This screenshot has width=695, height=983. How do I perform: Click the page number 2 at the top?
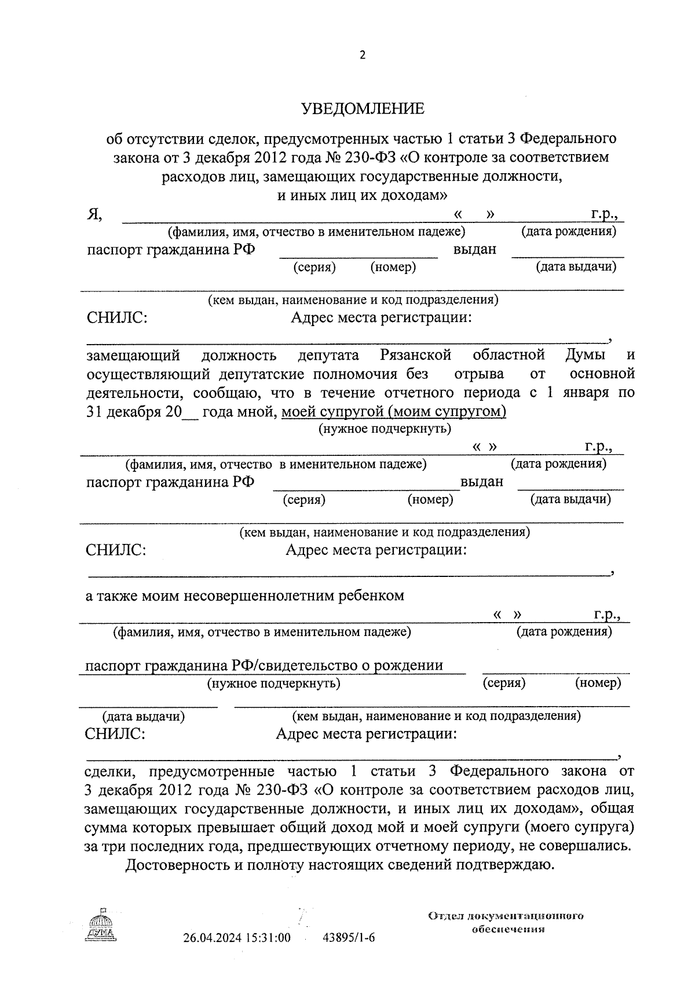363,56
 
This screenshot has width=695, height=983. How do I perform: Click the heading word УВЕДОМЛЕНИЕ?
363,109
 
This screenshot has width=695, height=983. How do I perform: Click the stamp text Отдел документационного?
506,916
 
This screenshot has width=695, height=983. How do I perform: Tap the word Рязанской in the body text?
416,355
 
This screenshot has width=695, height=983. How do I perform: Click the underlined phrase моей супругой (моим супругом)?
394,411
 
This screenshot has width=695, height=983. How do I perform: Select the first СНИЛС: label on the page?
116,318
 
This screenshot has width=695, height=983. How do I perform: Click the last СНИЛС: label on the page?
115,734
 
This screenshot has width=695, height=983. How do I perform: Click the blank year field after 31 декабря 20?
190,412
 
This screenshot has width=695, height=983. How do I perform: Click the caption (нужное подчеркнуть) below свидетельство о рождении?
274,684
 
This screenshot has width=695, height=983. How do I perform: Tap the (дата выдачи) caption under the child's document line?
143,717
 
